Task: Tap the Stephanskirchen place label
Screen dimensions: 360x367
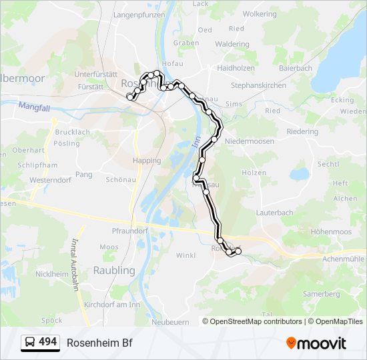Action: tap(258, 85)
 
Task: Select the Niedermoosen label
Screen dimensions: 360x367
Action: tap(250, 141)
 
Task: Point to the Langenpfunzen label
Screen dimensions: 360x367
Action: tap(139, 13)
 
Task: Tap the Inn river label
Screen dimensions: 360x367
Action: tap(196, 143)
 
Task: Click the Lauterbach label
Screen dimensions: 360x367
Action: tap(274, 213)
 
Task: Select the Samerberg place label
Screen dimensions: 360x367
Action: tap(321, 293)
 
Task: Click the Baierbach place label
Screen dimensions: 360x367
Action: tap(296, 68)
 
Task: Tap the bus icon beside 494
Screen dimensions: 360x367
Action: tap(30, 343)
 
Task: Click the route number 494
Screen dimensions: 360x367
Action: tap(48, 342)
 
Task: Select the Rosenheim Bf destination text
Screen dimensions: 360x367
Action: tap(99, 343)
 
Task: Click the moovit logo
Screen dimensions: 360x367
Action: tap(316, 343)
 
